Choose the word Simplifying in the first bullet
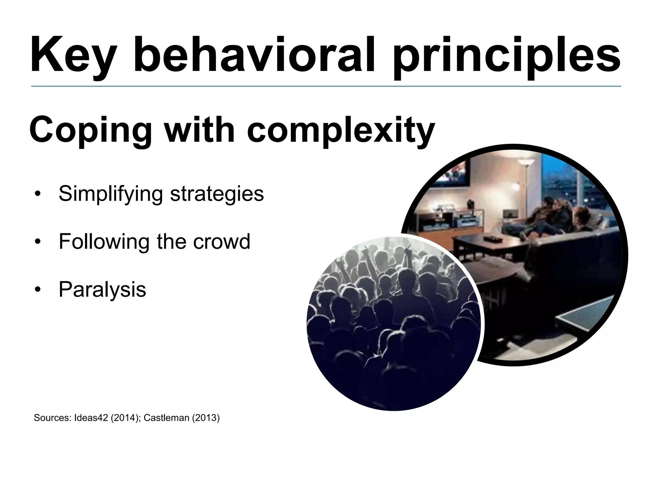coord(110,194)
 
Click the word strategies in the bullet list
coord(217,194)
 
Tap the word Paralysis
coord(102,289)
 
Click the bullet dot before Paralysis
coord(38,290)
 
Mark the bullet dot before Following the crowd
coord(38,242)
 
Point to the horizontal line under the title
coord(326,86)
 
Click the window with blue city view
coord(562,182)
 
